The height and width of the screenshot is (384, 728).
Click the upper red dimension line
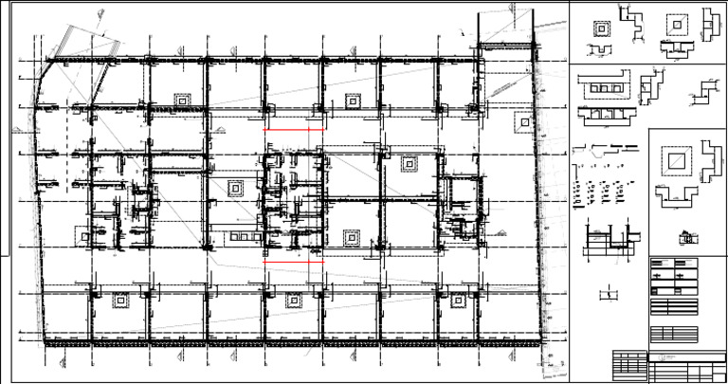[294, 129]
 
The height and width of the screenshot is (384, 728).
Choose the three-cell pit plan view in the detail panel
[601, 88]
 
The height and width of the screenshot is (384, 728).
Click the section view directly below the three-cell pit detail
[601, 114]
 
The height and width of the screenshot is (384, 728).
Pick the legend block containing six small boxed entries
[673, 275]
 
